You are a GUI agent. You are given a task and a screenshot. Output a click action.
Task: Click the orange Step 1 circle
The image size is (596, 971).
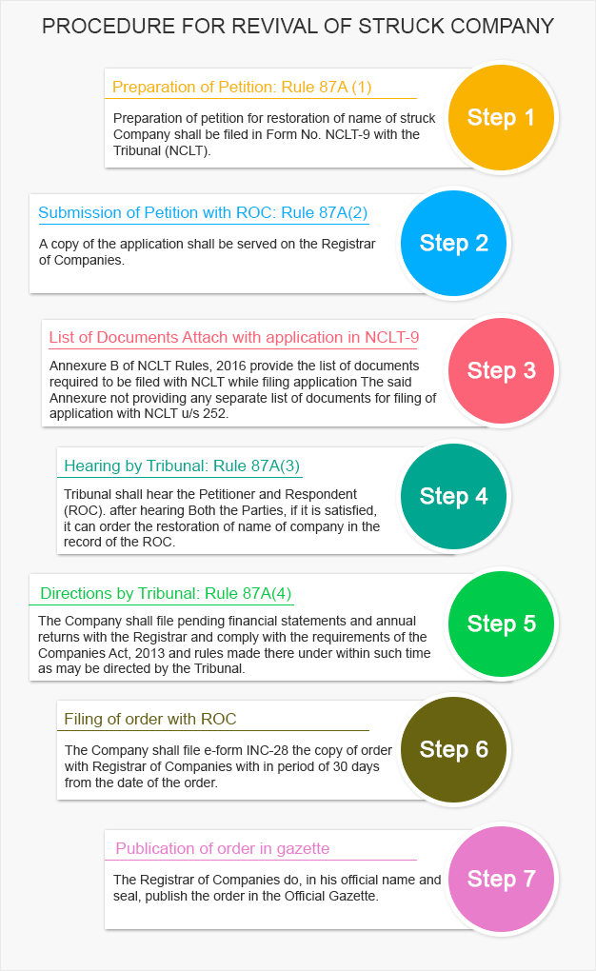[x=501, y=118]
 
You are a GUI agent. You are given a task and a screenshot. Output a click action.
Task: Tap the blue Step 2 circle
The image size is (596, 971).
[x=453, y=244]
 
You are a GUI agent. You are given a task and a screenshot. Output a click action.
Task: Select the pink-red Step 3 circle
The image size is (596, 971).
[x=501, y=370]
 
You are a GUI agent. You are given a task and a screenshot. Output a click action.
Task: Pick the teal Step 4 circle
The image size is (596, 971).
[x=453, y=496]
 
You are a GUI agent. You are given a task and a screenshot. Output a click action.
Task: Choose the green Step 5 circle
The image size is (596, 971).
[x=501, y=624]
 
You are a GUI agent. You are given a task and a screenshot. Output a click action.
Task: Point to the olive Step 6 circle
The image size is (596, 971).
[x=453, y=749]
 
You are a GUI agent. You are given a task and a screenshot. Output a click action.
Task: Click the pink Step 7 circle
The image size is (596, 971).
[x=501, y=878]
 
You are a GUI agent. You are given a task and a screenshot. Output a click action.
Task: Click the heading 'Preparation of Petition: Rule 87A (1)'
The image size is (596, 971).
[x=242, y=88]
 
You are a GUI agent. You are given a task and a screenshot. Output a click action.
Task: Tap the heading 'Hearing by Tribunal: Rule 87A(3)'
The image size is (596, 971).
[x=182, y=466]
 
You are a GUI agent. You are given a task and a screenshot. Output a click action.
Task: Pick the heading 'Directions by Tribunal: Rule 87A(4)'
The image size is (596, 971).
[x=166, y=594]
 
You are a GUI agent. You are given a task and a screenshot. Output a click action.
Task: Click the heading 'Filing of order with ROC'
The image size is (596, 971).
[x=150, y=719]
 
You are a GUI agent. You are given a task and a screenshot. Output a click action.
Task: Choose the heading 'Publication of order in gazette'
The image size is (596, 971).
[x=223, y=848]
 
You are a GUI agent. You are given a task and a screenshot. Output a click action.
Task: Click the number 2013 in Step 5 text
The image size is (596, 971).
[x=149, y=653]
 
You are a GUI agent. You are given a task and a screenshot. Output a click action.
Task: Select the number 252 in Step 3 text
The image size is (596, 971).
[x=214, y=413]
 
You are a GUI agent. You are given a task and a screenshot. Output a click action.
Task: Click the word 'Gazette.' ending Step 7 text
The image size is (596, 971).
[x=354, y=896]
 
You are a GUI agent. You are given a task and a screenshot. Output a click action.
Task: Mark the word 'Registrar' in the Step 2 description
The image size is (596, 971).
[x=348, y=244]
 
